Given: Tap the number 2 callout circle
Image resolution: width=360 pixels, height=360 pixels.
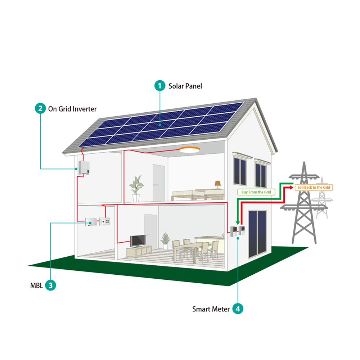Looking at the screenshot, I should [40, 108].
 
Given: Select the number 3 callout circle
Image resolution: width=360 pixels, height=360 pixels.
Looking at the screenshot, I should [51, 285].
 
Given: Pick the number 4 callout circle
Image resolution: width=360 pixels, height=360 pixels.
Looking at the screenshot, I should [238, 309].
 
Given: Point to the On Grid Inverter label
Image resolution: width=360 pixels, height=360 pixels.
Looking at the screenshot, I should [72, 109].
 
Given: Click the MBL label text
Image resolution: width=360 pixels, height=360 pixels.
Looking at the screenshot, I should [37, 286].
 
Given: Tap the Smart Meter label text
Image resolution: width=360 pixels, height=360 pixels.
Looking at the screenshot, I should [211, 309].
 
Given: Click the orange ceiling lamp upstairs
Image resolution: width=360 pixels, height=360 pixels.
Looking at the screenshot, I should [190, 150].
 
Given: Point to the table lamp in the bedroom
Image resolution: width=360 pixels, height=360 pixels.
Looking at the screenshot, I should [218, 184].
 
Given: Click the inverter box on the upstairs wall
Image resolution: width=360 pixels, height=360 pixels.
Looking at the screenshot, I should [84, 167].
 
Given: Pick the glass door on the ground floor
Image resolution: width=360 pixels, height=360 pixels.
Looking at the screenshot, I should [257, 234].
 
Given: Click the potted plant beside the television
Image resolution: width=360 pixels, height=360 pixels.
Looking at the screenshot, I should [165, 240].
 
